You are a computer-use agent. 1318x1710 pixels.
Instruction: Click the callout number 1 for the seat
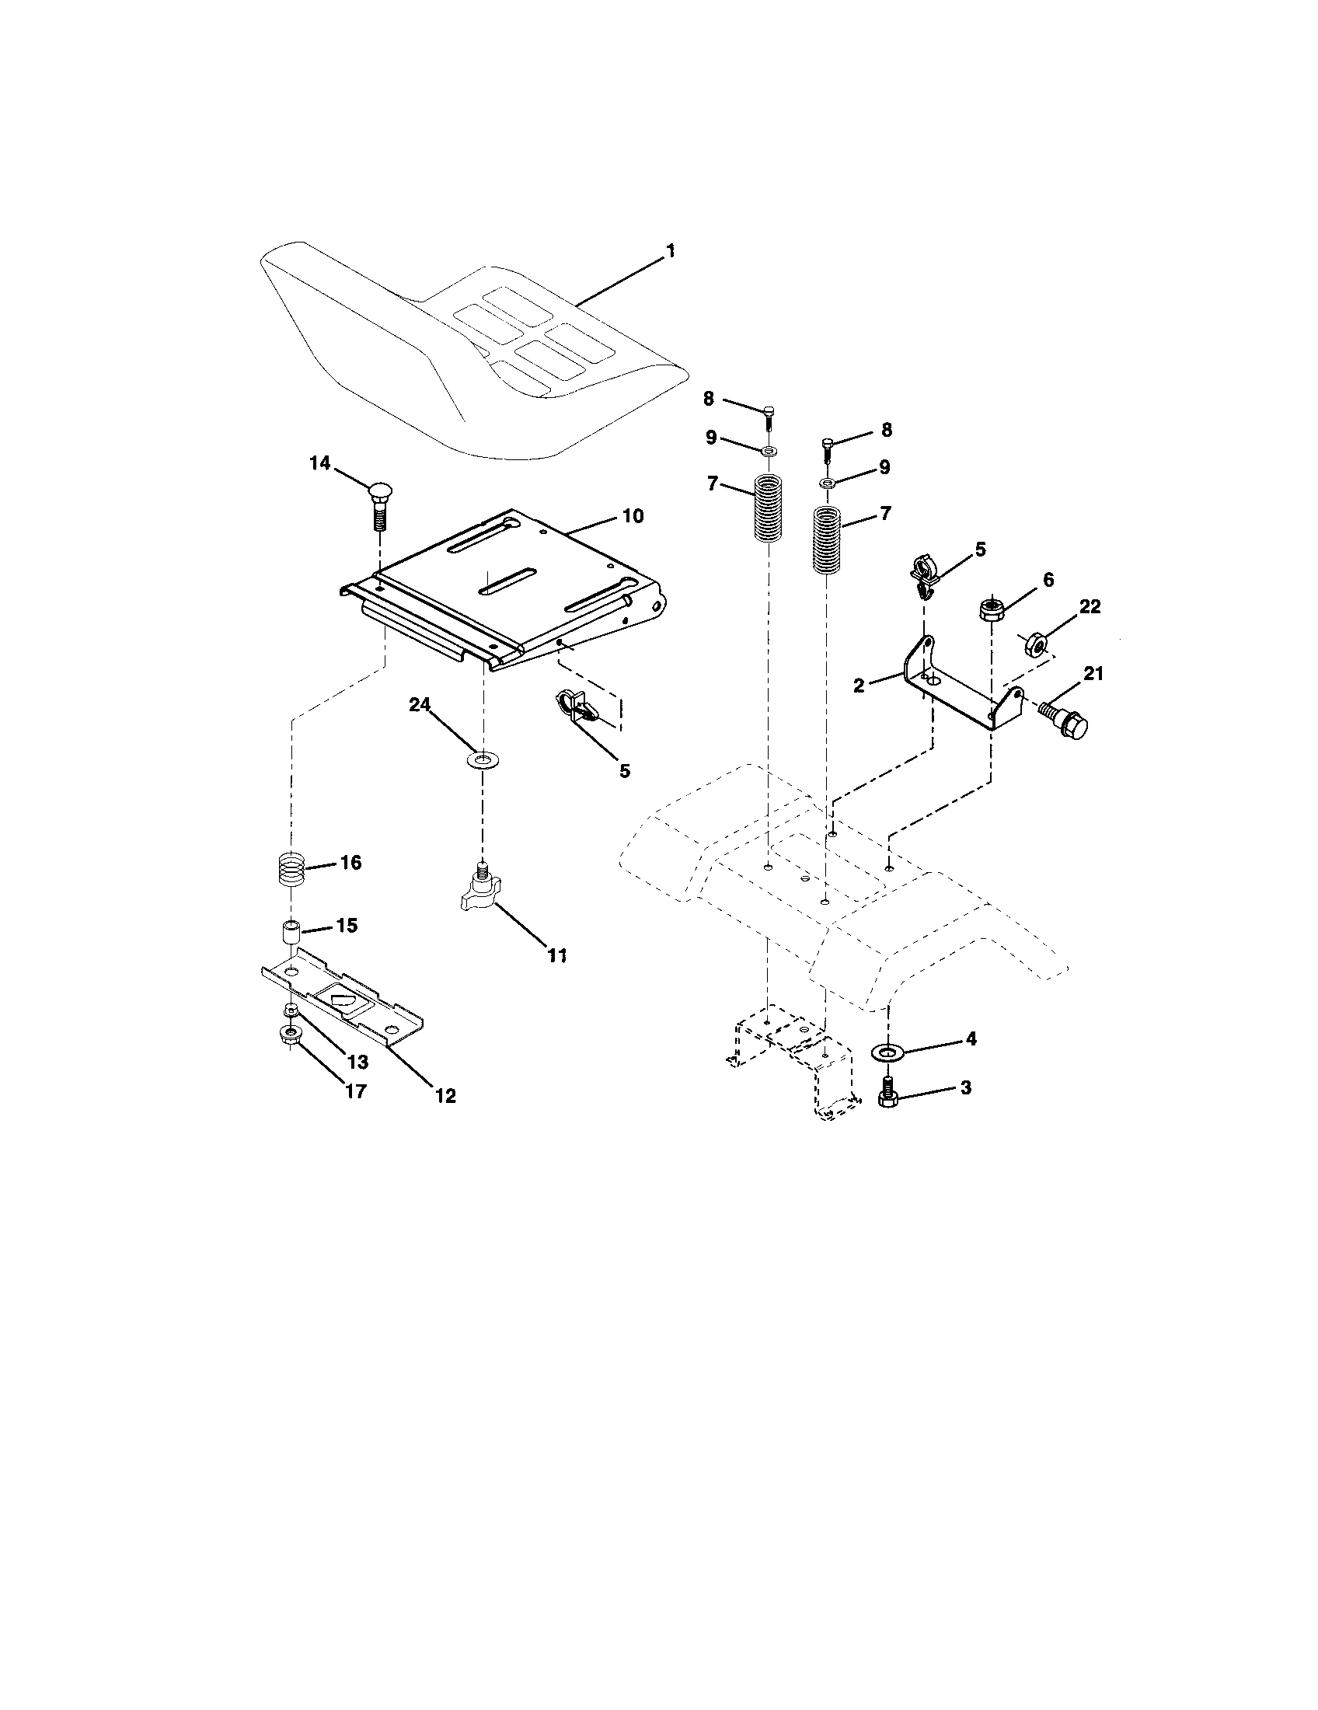670,251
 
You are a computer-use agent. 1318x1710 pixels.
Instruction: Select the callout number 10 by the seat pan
633,516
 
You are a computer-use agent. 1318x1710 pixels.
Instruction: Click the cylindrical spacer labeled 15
291,934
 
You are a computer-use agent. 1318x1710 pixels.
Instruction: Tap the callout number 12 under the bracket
445,1096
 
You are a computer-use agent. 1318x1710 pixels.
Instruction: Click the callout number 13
357,1063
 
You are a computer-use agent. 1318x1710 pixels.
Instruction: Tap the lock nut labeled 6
992,609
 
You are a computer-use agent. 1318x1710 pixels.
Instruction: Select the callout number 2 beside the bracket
859,685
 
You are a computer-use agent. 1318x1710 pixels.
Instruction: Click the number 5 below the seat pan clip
625,770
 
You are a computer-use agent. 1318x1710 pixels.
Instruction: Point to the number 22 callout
1090,607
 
